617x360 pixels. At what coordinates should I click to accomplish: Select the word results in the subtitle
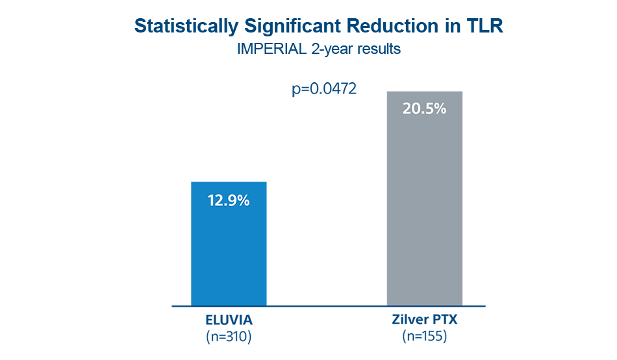coord(377,49)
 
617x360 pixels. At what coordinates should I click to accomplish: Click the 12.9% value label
coord(229,201)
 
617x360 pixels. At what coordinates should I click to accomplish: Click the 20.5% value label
coord(424,109)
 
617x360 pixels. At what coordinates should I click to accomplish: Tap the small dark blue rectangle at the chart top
coord(324,90)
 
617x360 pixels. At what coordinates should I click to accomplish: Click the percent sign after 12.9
coord(244,201)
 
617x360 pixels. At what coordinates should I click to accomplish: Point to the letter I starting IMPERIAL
coord(239,49)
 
